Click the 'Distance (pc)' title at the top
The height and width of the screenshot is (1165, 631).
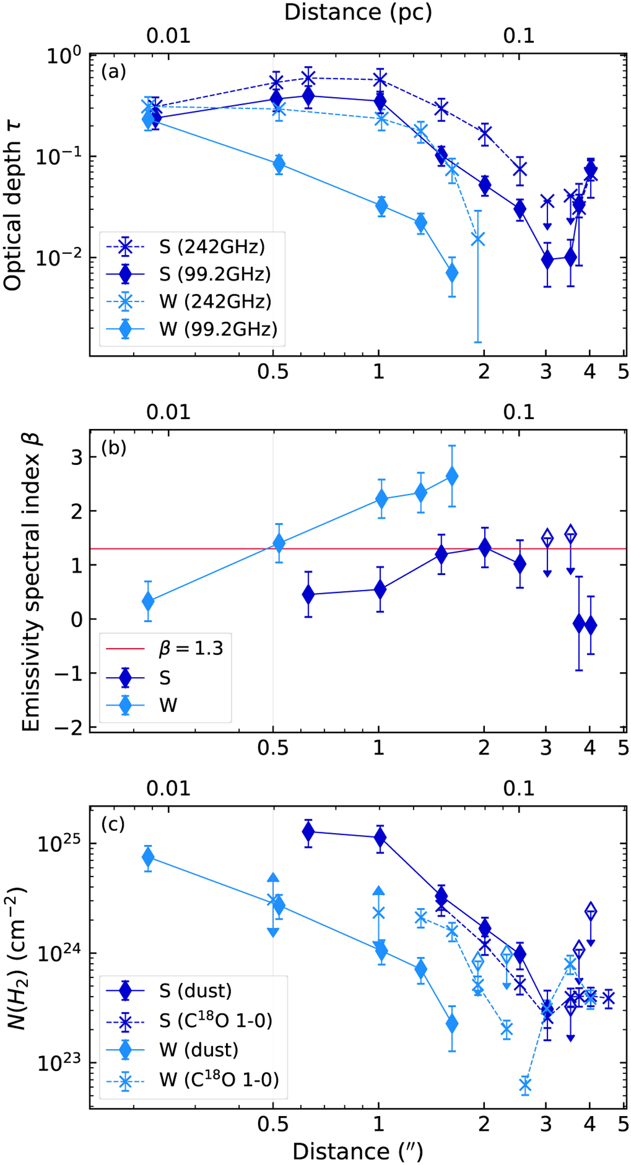tap(358, 12)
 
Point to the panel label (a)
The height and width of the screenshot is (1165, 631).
tap(114, 71)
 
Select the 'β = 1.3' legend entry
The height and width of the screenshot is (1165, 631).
tap(191, 649)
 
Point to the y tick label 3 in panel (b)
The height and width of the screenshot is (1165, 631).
tap(77, 457)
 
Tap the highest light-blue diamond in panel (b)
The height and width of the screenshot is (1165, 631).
tap(452, 476)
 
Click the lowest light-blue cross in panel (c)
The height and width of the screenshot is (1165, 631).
tap(525, 1085)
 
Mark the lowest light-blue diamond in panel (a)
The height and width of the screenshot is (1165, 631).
tap(452, 273)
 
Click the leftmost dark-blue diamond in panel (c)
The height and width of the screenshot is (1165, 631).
tap(309, 832)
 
